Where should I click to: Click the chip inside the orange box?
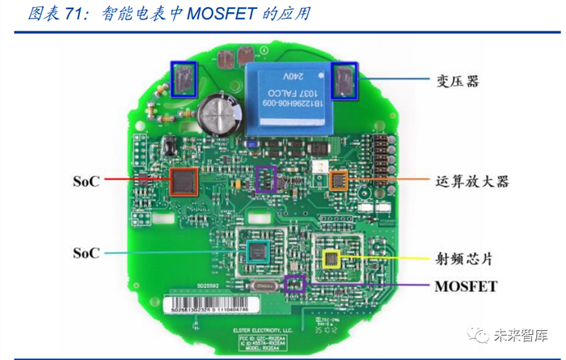click(x=339, y=180)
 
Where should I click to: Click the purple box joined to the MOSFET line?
click(x=295, y=284)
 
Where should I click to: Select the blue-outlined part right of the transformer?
click(x=345, y=80)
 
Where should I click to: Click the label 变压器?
click(x=458, y=82)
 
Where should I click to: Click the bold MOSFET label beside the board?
click(x=466, y=286)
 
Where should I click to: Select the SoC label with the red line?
click(x=86, y=181)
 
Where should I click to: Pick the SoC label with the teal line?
click(x=86, y=253)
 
